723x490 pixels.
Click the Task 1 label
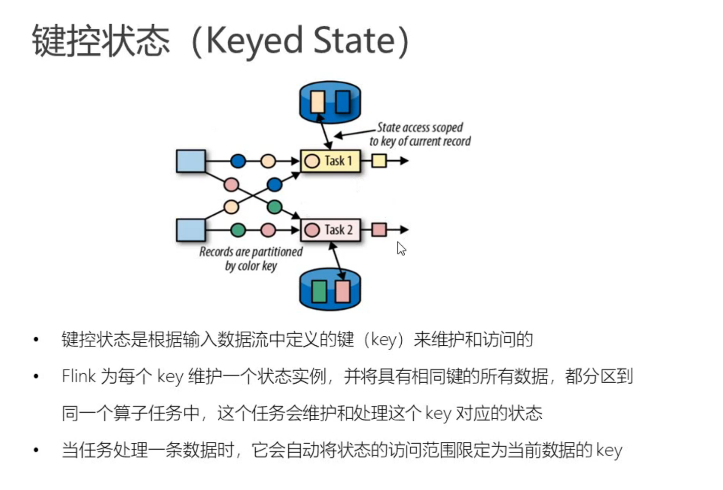click(338, 161)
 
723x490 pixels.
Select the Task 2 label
click(338, 230)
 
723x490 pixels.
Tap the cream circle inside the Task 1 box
click(312, 161)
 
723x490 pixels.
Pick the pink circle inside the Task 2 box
click(312, 230)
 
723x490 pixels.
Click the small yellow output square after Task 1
click(379, 161)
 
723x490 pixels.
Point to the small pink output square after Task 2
click(379, 230)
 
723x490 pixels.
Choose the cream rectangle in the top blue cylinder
click(318, 101)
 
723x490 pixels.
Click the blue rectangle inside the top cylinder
click(342, 101)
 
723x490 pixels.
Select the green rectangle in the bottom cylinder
click(319, 292)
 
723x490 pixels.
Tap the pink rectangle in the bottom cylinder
click(342, 292)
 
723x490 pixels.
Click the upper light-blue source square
click(191, 161)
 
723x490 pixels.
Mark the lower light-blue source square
click(191, 230)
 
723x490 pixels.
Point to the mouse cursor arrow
click(401, 248)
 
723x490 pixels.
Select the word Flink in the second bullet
click(78, 376)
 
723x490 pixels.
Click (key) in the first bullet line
click(383, 340)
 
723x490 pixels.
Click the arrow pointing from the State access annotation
click(354, 134)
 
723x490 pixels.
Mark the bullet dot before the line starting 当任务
click(36, 450)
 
